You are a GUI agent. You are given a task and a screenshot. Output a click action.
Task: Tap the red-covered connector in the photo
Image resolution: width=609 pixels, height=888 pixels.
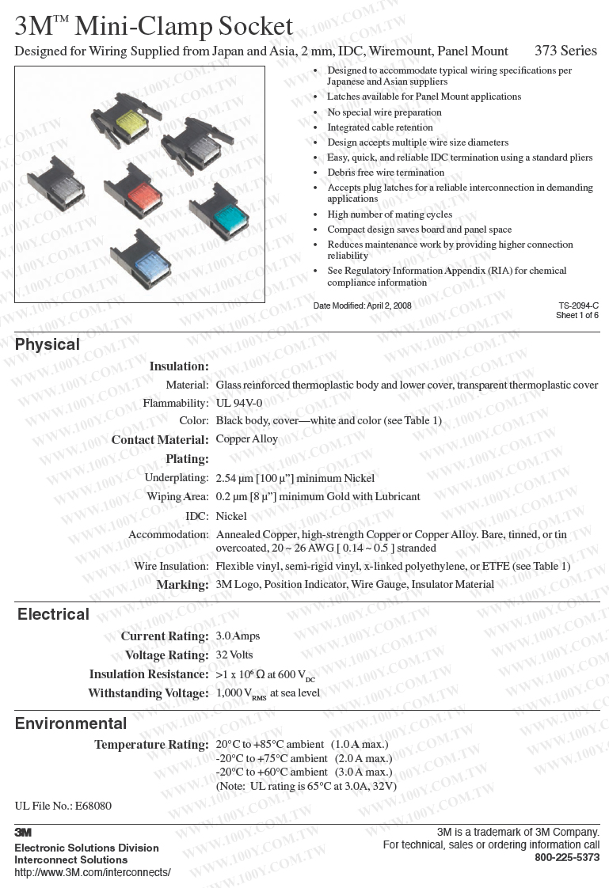135,192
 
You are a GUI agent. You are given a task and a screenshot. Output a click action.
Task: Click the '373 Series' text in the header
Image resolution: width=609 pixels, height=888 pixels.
565,51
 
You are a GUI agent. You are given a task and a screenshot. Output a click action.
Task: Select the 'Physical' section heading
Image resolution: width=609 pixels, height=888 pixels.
48,344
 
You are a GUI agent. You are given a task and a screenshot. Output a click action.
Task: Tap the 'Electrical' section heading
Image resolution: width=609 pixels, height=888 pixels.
53,614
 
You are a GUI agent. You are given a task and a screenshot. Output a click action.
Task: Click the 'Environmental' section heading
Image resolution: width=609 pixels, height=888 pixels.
70,723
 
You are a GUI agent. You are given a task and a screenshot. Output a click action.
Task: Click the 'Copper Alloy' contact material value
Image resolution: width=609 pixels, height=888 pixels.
247,439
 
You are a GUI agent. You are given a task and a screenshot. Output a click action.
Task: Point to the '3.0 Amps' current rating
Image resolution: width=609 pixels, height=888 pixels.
238,636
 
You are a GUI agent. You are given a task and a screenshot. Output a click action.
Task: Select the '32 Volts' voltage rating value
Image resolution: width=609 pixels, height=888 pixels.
234,655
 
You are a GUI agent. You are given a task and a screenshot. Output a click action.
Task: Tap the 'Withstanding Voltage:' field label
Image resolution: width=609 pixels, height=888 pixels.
148,693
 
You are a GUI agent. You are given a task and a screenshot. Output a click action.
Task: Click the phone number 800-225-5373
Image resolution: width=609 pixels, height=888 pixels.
567,858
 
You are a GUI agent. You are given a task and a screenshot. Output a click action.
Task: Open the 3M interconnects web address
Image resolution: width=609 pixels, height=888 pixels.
93,872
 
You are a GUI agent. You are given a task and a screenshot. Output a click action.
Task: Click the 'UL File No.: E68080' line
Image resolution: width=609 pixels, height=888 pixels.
63,806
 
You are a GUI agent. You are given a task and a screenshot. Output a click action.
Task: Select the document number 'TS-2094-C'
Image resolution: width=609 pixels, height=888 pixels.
578,305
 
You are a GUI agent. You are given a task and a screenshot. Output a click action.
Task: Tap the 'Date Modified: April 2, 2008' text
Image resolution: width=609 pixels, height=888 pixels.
363,305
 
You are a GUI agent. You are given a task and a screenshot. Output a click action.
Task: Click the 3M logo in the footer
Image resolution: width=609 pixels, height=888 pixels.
23,833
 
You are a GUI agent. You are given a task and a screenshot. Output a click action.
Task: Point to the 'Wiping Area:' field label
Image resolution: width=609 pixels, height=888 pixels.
177,497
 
